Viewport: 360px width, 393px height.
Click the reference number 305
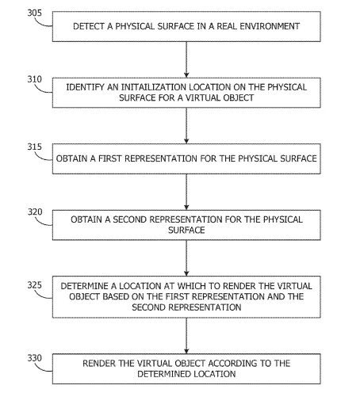point(35,13)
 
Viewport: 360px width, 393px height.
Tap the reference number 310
point(35,79)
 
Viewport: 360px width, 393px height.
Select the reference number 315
point(35,147)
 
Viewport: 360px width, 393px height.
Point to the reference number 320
point(35,212)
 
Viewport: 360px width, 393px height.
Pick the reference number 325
point(35,285)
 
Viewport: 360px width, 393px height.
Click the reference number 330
point(35,358)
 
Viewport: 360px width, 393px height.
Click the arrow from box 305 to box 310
point(186,59)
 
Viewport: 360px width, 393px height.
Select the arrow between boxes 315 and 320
point(186,192)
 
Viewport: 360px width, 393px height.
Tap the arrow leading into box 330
point(186,336)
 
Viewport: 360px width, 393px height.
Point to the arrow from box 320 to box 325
point(186,258)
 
